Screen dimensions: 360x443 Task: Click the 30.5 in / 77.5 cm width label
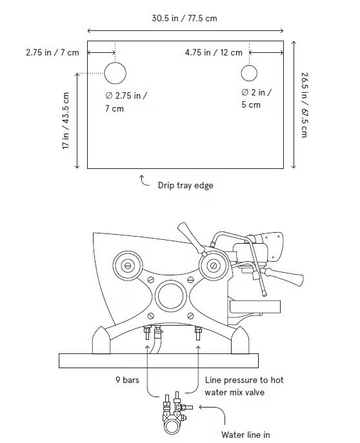(x=185, y=18)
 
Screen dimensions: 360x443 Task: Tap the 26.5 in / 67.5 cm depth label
(x=305, y=105)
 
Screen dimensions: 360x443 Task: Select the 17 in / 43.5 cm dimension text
(x=66, y=121)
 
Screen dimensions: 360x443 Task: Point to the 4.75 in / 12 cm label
(x=214, y=52)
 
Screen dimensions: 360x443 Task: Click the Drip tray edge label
(x=185, y=185)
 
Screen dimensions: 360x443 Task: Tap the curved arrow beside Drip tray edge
(x=143, y=182)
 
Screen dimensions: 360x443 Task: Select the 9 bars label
(x=127, y=380)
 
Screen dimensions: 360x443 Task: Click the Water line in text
(x=245, y=435)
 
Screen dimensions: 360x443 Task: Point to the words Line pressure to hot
(x=244, y=380)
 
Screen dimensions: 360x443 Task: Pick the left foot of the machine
(x=101, y=340)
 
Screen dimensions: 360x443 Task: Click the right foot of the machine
(x=240, y=340)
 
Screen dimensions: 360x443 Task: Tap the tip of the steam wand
(x=265, y=295)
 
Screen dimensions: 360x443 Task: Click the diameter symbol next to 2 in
(x=245, y=92)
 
